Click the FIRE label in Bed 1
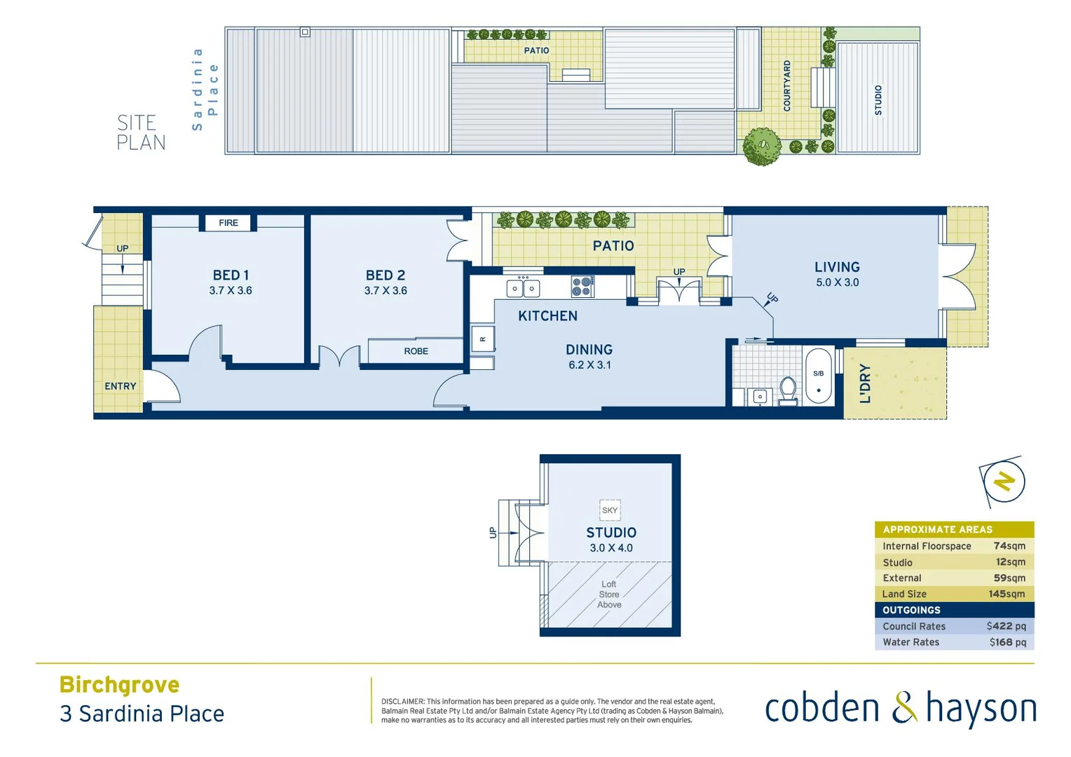(228, 223)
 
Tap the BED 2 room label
(386, 275)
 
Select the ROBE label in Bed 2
(416, 351)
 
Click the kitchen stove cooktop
(582, 286)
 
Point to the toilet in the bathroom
(788, 391)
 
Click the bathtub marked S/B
(819, 377)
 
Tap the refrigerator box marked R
(483, 339)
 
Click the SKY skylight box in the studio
(610, 510)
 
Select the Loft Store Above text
(609, 594)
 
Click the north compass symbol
(1004, 482)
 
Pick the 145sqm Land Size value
(1007, 594)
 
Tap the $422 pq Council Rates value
(1006, 626)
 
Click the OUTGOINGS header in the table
(911, 610)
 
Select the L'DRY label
(866, 383)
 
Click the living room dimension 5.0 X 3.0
(837, 282)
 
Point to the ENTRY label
(121, 386)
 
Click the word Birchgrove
(119, 684)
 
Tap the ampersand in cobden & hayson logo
(904, 707)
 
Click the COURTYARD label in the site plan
(786, 86)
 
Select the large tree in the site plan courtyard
(761, 146)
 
